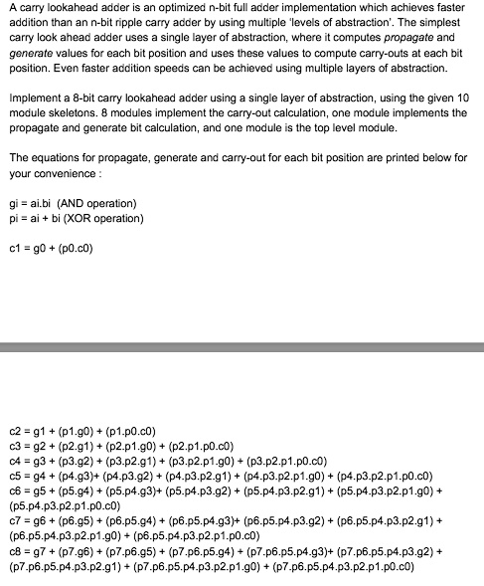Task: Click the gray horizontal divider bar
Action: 242,348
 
